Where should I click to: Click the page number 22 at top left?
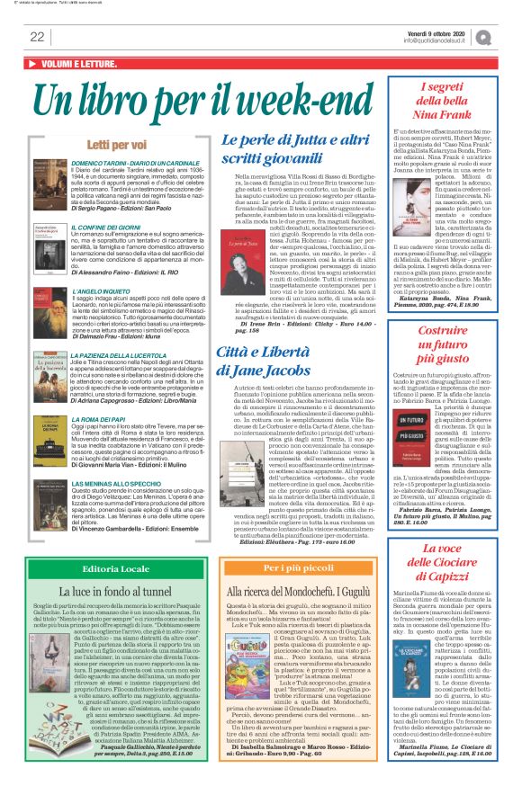tap(37, 36)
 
